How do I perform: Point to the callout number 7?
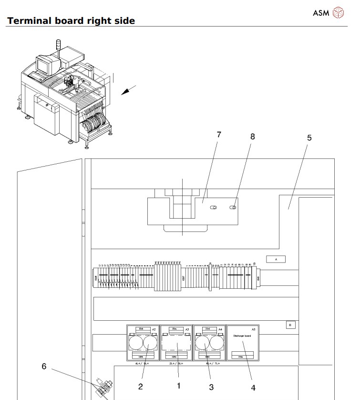pos(218,135)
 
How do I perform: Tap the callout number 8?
pos(253,137)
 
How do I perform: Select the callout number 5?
pos(309,138)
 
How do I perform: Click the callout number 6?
pos(44,366)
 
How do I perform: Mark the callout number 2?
pos(141,386)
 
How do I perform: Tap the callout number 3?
pos(211,387)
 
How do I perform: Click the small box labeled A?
pos(276,259)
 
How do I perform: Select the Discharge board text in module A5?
pos(242,336)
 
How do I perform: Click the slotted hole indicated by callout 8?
pos(234,208)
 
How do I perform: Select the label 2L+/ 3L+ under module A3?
pos(176,363)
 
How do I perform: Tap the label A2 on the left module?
pos(154,330)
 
